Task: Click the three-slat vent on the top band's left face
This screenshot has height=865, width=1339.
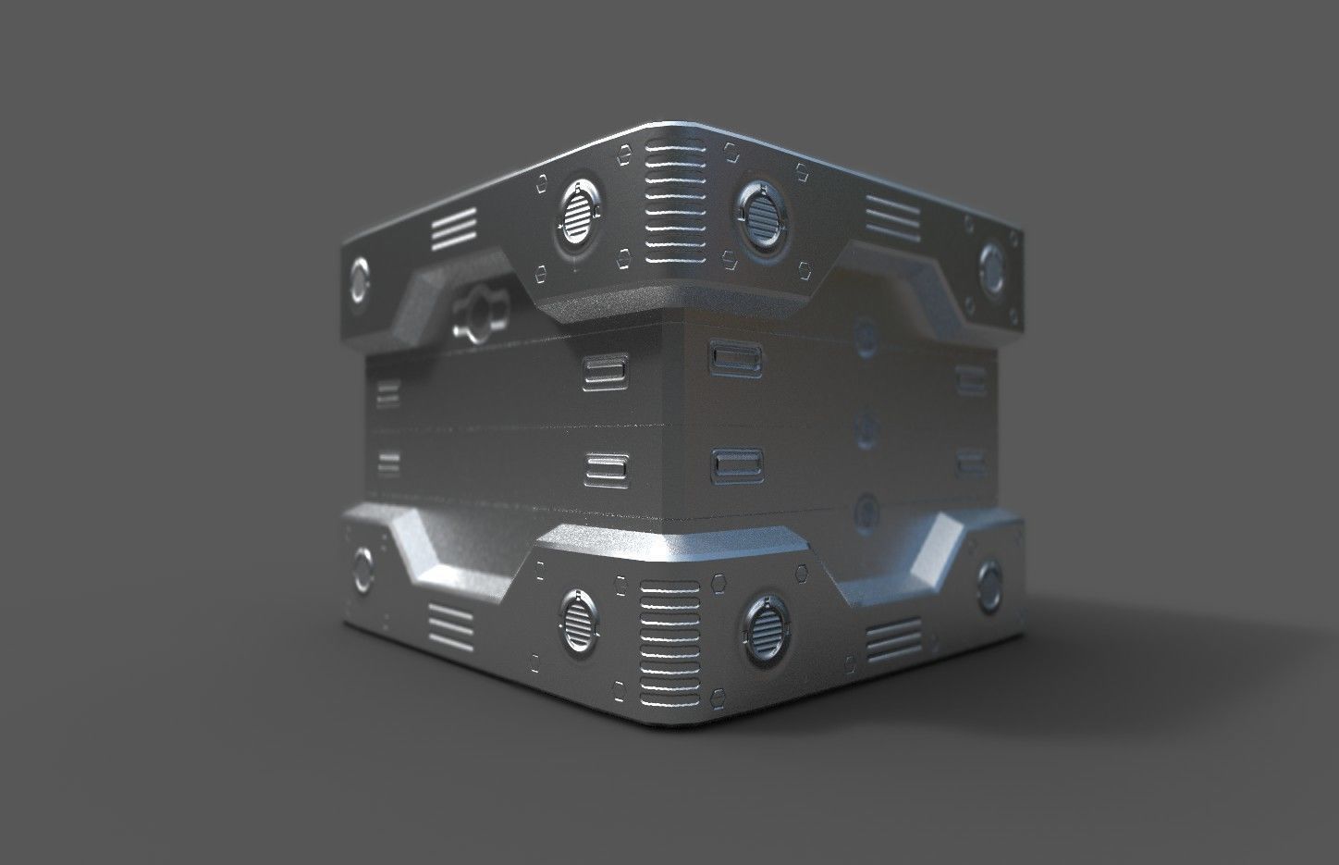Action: [452, 229]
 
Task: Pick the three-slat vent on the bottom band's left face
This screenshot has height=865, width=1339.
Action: [452, 627]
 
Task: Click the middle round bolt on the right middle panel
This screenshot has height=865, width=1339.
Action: [866, 425]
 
